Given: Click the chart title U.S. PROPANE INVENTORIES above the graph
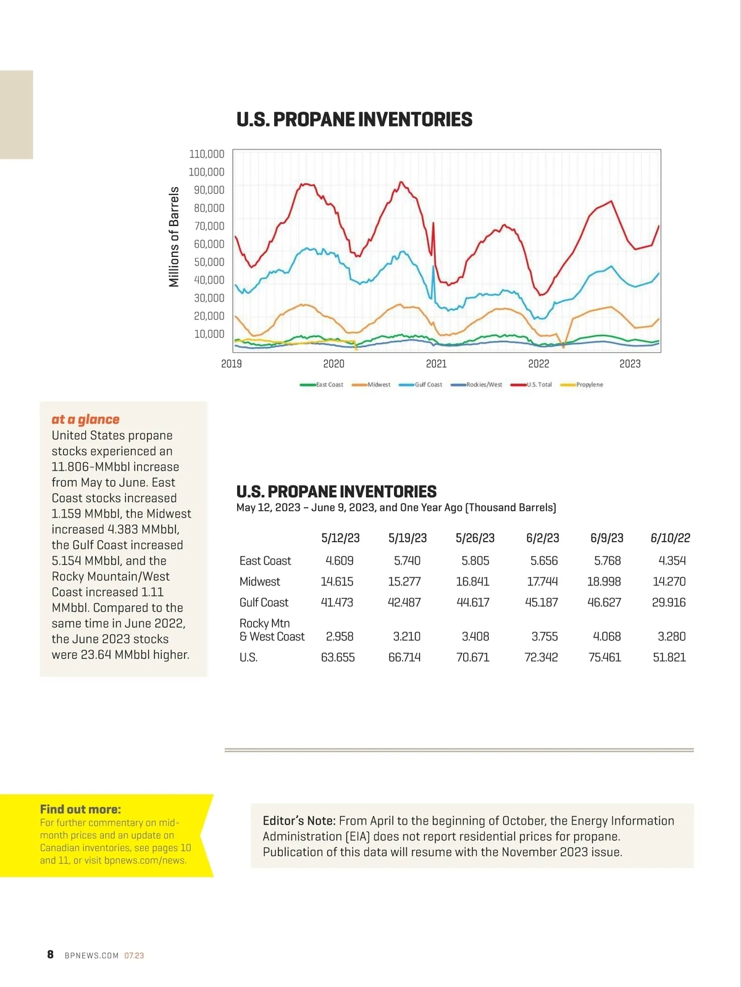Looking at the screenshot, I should point(354,119).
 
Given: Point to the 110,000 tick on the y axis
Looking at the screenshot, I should point(206,154).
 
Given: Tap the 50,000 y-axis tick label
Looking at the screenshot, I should point(209,262).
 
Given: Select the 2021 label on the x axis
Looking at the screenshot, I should point(436,364).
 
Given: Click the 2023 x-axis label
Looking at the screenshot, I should point(630,364).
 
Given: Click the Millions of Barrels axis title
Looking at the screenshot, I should point(174,237).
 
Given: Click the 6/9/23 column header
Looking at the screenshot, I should point(606,538).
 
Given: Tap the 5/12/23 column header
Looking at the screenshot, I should point(340,538).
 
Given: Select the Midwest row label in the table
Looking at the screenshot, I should point(259,581).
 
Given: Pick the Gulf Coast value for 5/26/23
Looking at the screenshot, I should point(472,602).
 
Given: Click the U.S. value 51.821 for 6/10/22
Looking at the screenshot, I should point(669,657).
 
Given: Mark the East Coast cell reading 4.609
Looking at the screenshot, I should point(339,561).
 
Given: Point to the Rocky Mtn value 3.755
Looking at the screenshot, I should point(544,636).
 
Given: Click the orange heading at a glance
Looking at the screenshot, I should point(85,419).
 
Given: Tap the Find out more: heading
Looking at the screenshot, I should point(80,809).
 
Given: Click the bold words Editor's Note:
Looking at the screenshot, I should point(299,821).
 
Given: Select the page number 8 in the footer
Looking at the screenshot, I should point(50,955).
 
